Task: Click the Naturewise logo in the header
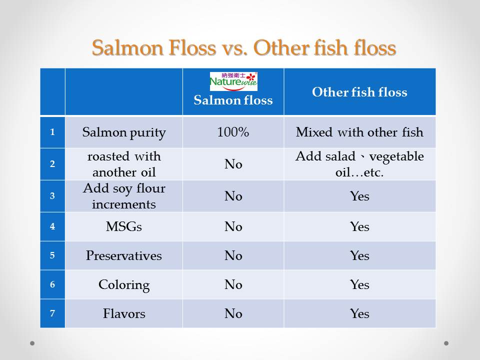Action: [x=233, y=81]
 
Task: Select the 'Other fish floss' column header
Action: [x=359, y=92]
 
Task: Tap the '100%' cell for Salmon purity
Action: [x=233, y=132]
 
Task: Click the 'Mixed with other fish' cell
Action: [x=359, y=132]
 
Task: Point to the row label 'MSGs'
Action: [x=124, y=226]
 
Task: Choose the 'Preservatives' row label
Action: [x=124, y=255]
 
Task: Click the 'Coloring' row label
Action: [x=124, y=285]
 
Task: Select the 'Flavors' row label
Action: [x=124, y=313]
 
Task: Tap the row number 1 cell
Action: [x=52, y=132]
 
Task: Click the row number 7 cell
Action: [x=52, y=313]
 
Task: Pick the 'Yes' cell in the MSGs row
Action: [x=359, y=226]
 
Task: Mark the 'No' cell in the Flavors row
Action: [x=233, y=313]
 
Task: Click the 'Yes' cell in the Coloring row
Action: [x=359, y=284]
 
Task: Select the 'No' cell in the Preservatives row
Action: [x=233, y=255]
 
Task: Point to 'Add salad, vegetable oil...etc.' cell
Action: [x=359, y=164]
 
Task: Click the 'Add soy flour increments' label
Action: [x=124, y=196]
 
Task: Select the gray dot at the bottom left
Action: [x=32, y=343]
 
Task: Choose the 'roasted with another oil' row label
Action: [x=124, y=164]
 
